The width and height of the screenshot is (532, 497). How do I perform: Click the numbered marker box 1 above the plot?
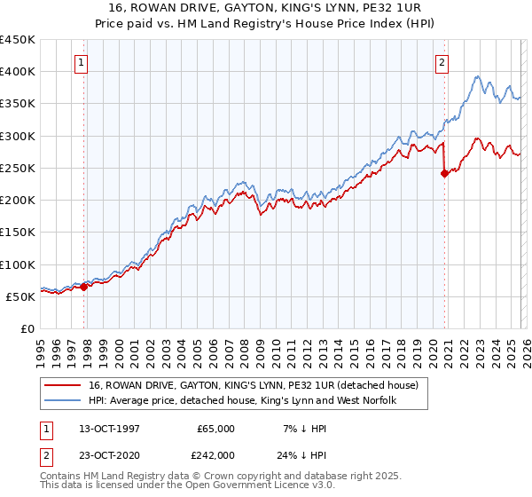[82, 62]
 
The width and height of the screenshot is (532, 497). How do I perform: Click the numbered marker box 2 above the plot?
[442, 62]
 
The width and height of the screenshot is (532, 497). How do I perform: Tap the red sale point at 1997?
[84, 287]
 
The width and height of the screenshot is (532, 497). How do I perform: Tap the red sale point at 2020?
[445, 174]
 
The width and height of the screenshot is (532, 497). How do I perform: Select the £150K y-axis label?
[18, 233]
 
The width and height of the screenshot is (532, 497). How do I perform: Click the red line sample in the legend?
[64, 385]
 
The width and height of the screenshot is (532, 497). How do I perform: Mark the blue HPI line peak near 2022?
[477, 76]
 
